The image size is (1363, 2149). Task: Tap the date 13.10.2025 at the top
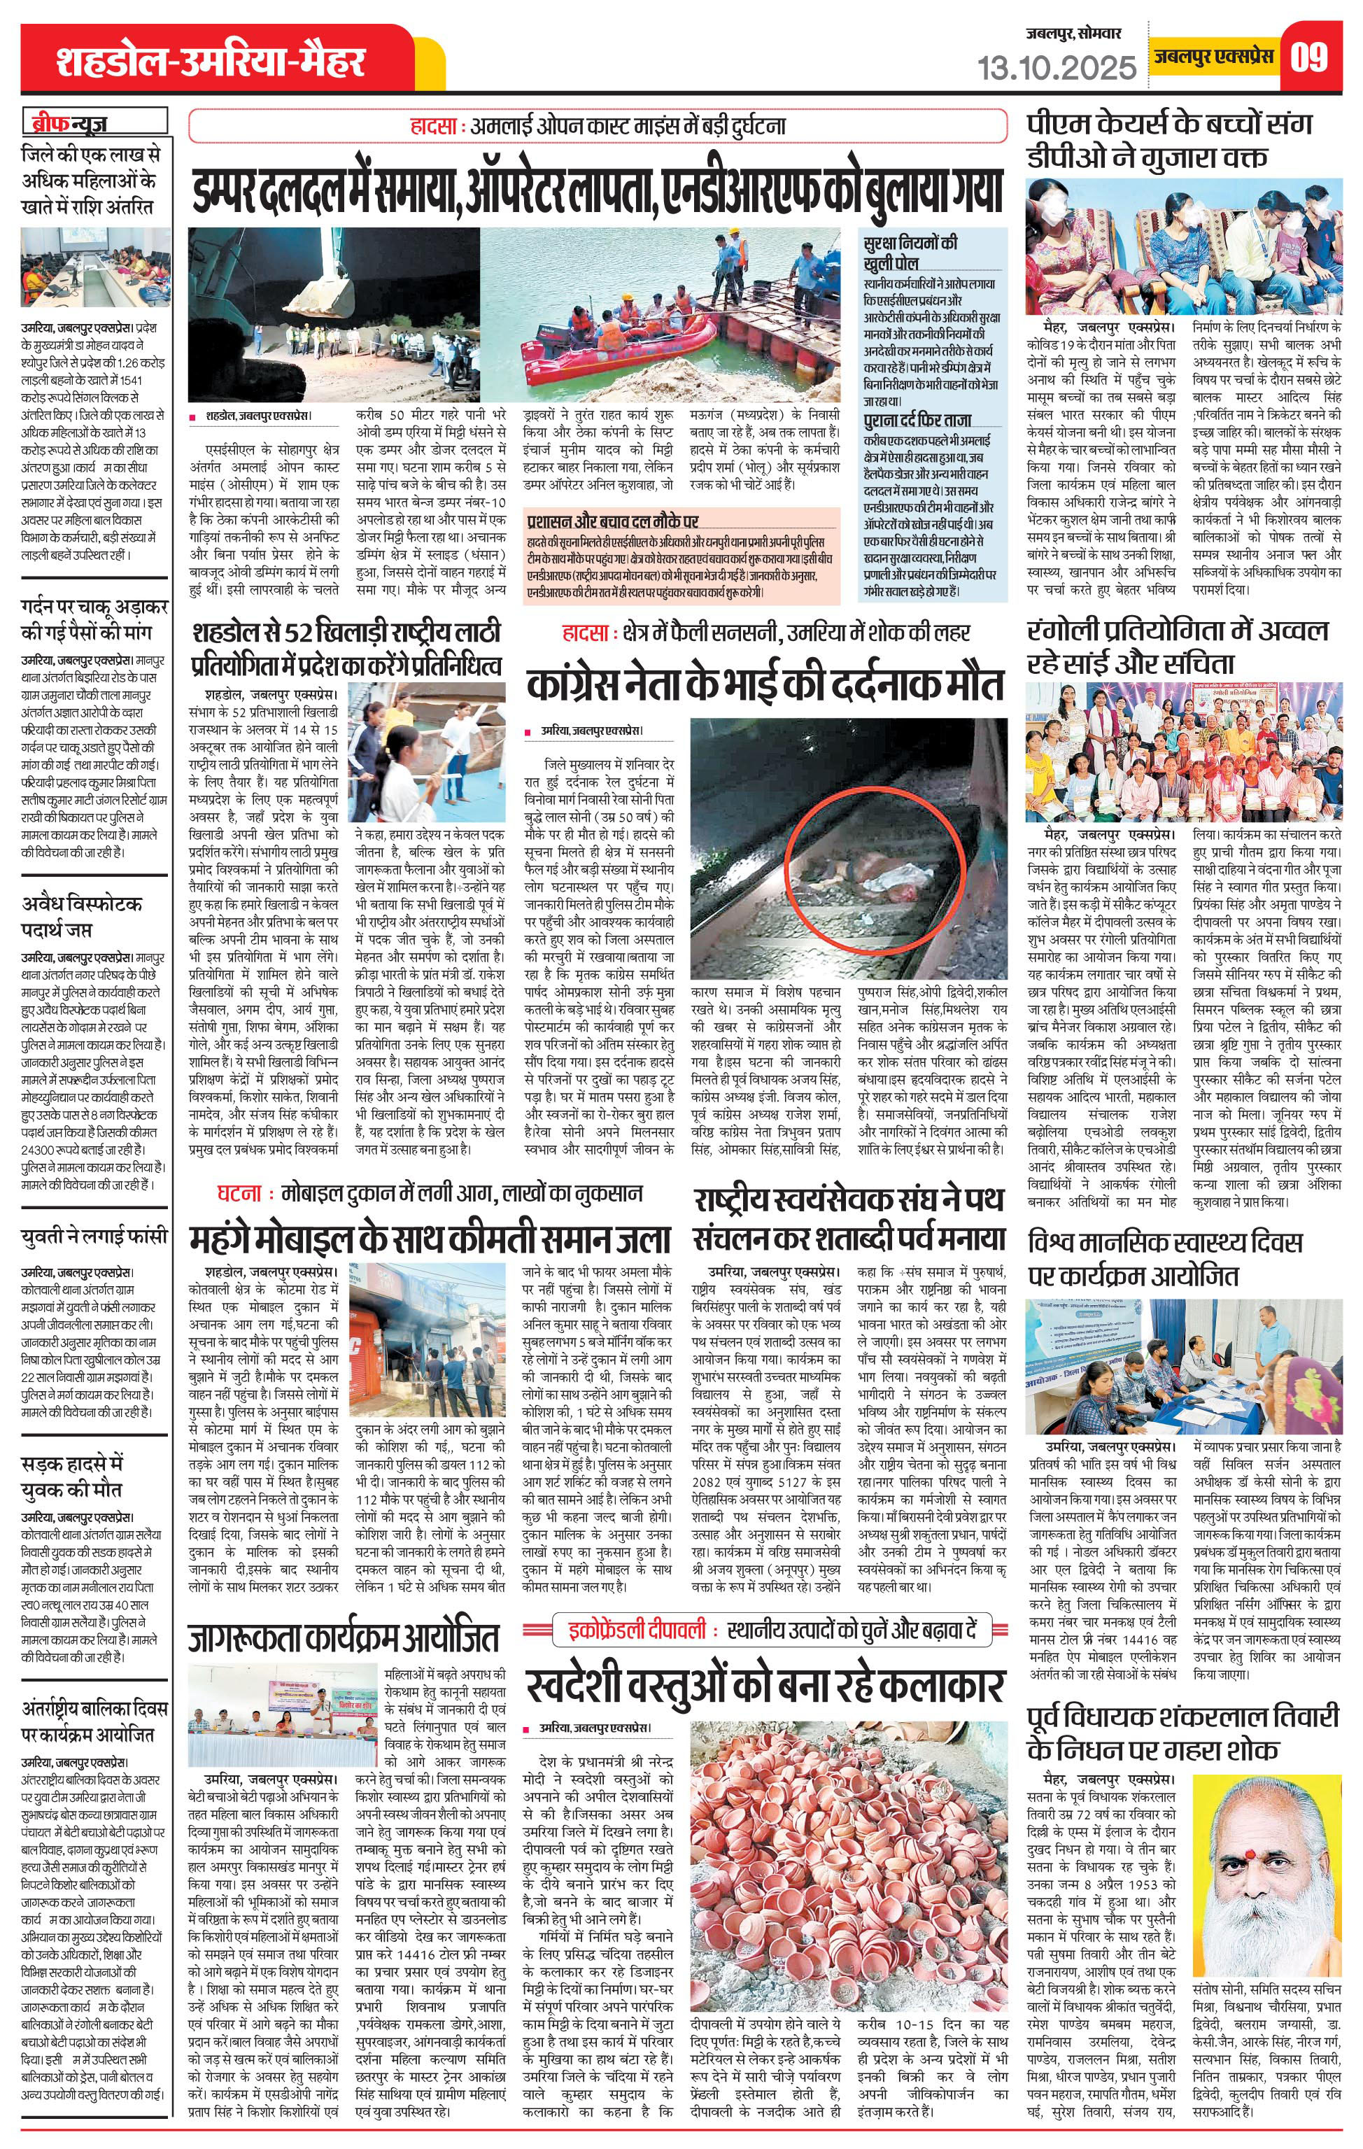1058,66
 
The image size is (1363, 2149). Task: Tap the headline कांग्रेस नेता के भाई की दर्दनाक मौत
768,685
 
